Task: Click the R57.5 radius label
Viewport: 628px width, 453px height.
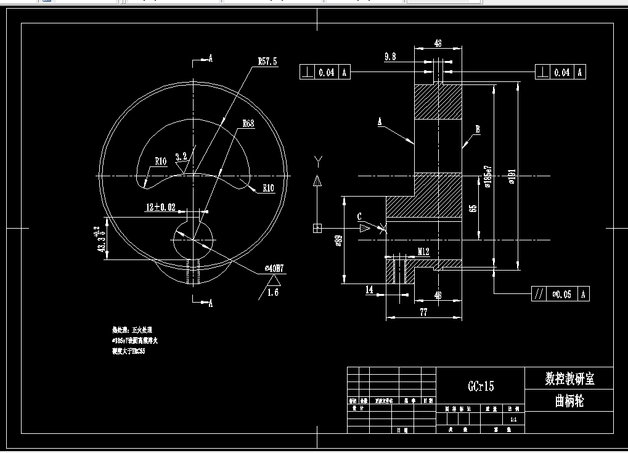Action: (x=267, y=62)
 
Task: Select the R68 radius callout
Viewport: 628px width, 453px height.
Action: (x=248, y=123)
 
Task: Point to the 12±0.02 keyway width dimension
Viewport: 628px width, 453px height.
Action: (x=160, y=208)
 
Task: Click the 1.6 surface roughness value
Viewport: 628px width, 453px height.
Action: (x=272, y=293)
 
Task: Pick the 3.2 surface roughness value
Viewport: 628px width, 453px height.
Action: (x=181, y=157)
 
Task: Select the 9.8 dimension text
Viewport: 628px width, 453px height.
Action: (x=390, y=57)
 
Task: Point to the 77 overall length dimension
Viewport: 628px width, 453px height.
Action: (x=423, y=312)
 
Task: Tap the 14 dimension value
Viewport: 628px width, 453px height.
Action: (x=370, y=289)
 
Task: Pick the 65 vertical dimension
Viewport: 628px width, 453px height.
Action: (x=473, y=208)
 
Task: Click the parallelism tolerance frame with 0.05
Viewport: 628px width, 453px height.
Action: (x=560, y=294)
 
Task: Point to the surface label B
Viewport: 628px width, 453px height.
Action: (x=477, y=129)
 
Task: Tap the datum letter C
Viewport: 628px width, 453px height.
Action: (x=359, y=217)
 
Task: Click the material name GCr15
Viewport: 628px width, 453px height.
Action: (x=481, y=386)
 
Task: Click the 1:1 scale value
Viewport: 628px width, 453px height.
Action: (x=513, y=419)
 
